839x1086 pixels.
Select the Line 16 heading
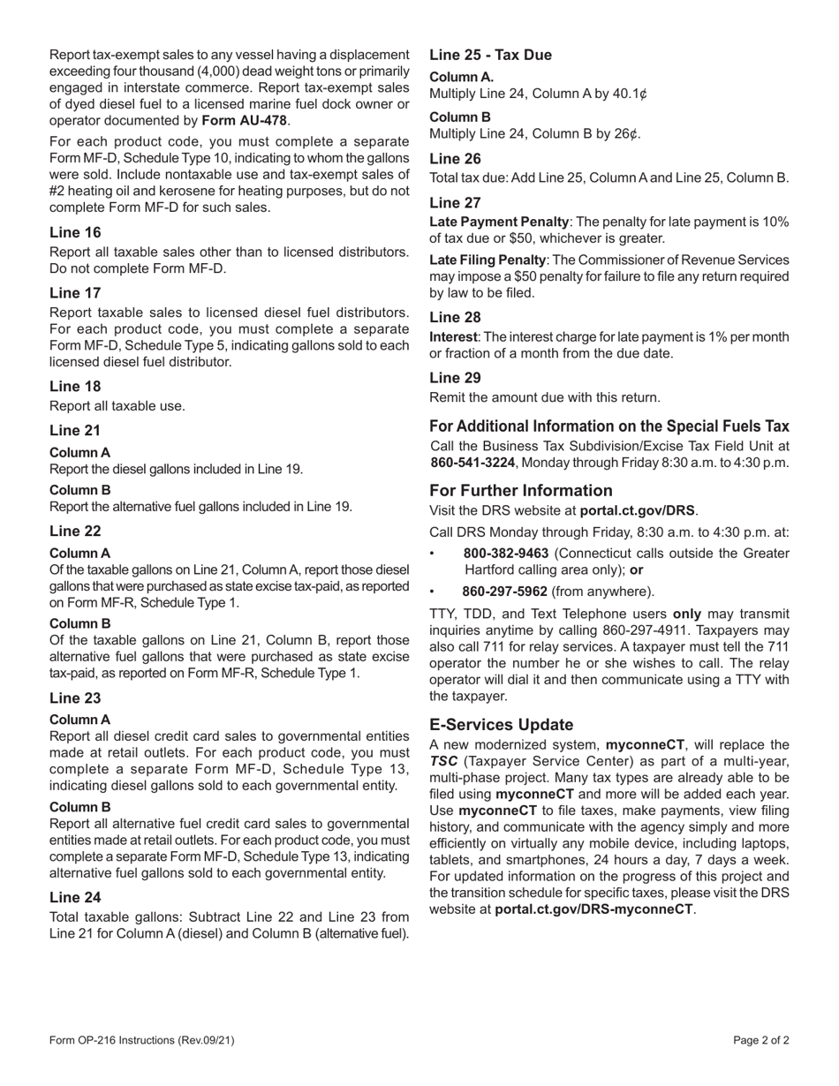click(75, 232)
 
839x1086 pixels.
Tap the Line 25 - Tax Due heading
click(490, 55)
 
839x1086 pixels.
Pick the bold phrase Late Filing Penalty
click(486, 260)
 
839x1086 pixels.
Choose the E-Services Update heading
click(501, 725)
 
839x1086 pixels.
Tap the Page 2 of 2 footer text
click(760, 1040)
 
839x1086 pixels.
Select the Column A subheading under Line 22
click(80, 554)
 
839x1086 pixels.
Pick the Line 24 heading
click(75, 896)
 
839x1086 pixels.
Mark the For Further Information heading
click(520, 491)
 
